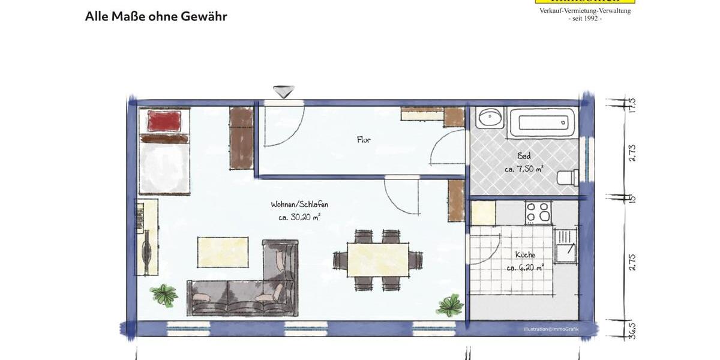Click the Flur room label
(364, 140)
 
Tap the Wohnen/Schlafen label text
(299, 205)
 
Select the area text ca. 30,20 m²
(299, 218)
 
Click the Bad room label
(524, 156)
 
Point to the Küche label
(525, 255)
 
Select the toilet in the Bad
(567, 177)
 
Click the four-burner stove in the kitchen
(538, 212)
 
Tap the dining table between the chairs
(378, 259)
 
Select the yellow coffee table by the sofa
(223, 251)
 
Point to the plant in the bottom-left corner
(164, 295)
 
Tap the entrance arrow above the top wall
(283, 91)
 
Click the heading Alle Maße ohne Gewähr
(156, 16)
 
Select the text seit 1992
(584, 19)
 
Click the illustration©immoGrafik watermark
(550, 329)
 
